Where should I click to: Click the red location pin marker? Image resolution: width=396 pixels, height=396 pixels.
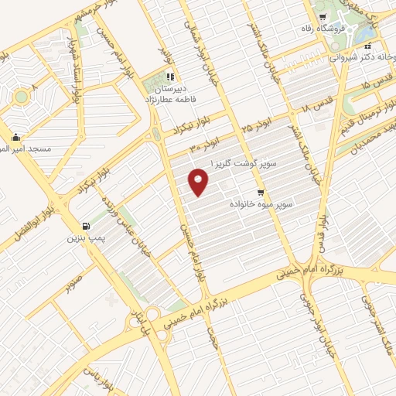[199, 183]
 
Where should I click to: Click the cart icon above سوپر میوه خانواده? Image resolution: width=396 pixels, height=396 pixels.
[261, 193]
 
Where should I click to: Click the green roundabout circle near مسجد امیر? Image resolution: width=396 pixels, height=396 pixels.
[22, 97]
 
